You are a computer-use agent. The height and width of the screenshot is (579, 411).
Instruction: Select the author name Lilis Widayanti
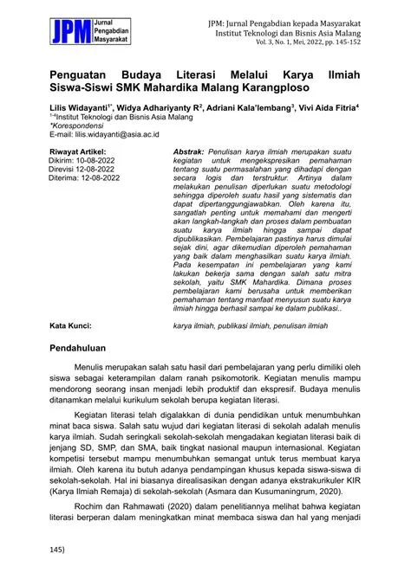tap(82, 107)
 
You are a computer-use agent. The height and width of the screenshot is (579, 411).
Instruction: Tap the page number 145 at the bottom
tap(56, 550)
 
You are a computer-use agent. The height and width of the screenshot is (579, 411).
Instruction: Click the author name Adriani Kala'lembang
tap(258, 107)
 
